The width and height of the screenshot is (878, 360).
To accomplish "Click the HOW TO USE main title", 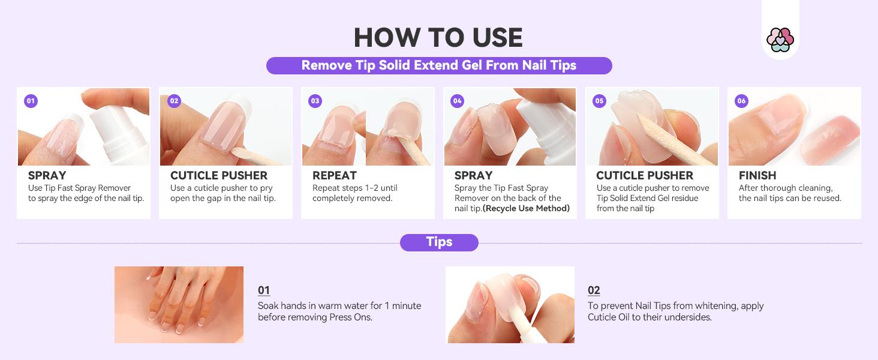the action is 438,37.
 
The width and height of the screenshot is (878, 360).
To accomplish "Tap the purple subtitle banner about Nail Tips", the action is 438,65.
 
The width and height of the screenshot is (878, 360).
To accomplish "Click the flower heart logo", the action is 780,40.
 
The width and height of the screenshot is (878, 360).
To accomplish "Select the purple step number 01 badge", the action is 31,101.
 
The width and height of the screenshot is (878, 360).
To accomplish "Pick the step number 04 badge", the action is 457,101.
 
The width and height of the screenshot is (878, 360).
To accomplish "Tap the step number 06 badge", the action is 741,101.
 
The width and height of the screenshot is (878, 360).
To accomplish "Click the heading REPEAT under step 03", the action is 334,176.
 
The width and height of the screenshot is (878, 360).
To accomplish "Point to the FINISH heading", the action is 757,176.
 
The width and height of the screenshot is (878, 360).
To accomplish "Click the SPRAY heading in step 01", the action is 47,176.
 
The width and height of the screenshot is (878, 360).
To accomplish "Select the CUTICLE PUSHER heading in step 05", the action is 644,176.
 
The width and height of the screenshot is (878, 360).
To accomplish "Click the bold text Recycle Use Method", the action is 526,208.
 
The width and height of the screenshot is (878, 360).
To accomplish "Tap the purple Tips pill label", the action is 439,242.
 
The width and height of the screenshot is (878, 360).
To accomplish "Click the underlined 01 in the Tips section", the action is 263,290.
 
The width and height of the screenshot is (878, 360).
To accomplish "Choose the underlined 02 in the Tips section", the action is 593,290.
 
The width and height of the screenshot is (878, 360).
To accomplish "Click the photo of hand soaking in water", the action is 179,304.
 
